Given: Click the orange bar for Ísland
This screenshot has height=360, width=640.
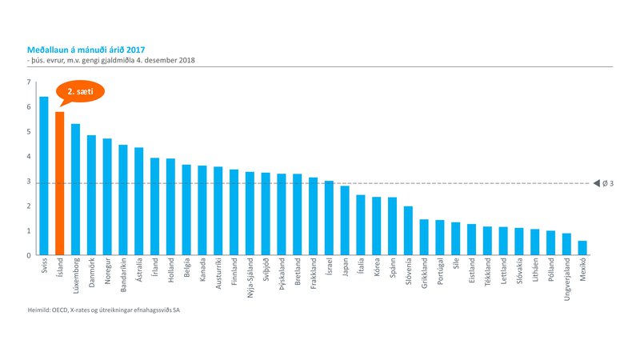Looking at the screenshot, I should [x=59, y=184].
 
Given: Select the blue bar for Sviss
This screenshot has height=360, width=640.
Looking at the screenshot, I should [x=44, y=176].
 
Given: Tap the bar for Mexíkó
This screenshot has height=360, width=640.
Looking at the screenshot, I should [x=582, y=248].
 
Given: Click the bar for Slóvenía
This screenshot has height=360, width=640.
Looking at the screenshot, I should [x=408, y=231].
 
